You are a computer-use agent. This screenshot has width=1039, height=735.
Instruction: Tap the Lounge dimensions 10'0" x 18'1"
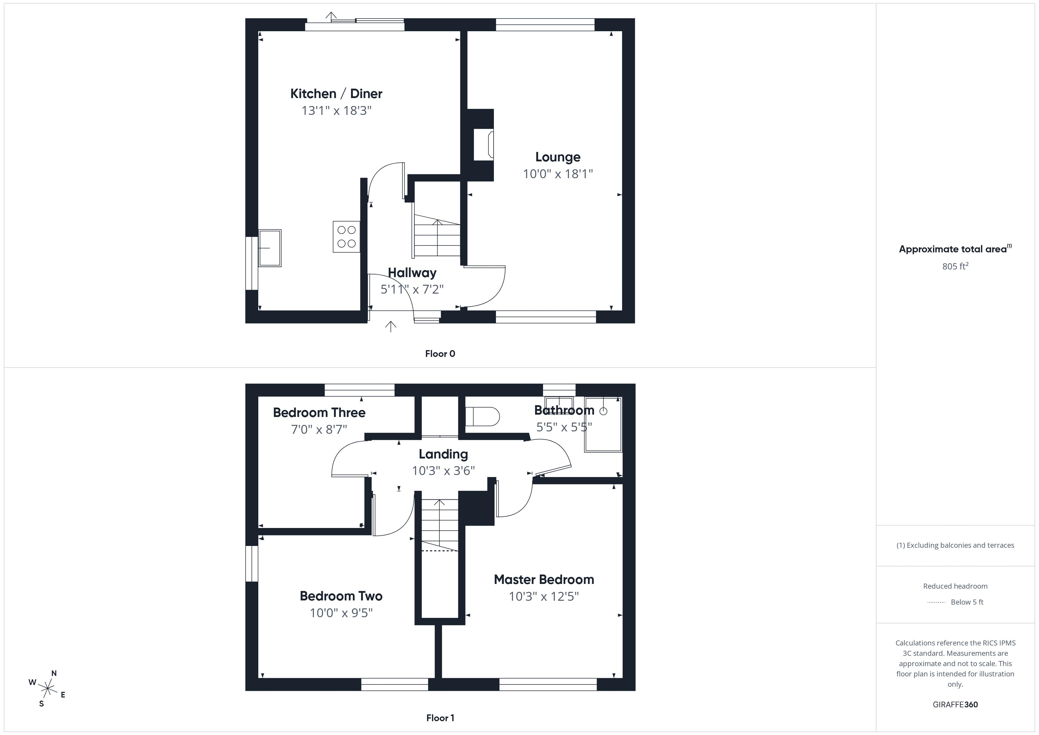557,174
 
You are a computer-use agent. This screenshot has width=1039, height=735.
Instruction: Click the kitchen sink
270,248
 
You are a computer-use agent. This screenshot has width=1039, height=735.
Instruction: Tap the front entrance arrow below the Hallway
391,326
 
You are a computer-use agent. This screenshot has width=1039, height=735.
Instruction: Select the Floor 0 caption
440,353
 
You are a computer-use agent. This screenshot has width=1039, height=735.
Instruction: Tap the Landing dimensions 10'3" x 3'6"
443,471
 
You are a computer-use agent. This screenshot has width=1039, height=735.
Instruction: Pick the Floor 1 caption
440,718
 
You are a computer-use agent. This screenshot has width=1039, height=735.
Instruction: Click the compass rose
47,689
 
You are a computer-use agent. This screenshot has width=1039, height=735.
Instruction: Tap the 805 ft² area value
955,266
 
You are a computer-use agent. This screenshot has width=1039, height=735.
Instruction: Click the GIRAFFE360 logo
955,704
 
